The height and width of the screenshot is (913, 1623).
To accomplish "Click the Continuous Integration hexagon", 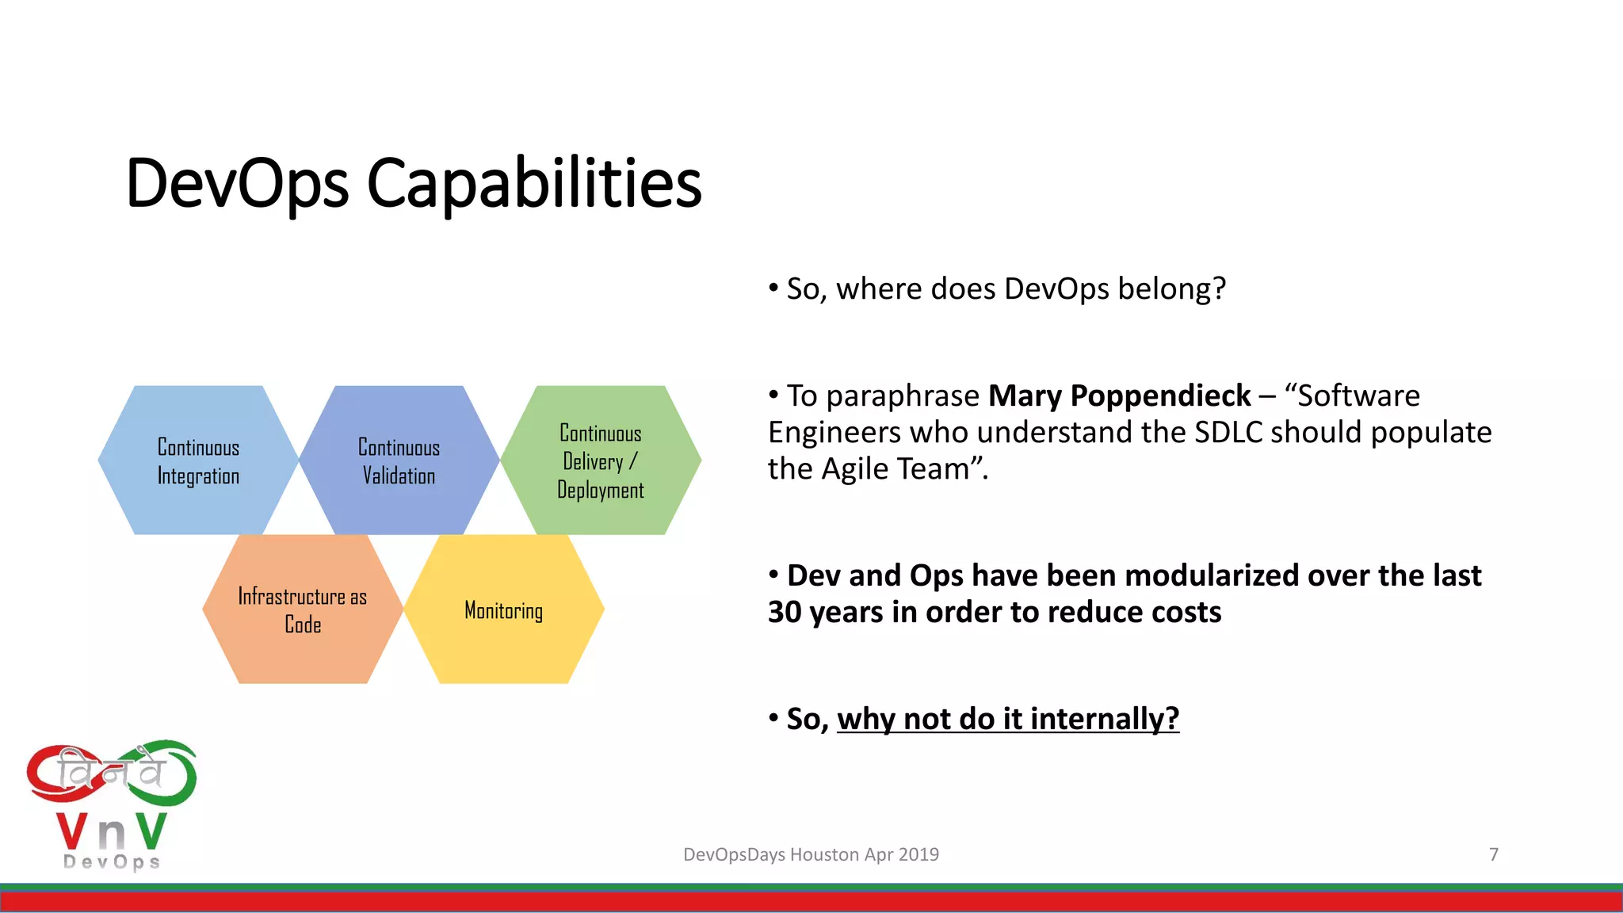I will [198, 460].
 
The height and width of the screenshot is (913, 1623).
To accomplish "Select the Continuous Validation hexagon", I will [399, 460].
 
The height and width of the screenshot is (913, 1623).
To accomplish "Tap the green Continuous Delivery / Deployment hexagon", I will [601, 460].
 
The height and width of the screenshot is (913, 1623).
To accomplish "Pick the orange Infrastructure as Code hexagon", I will [302, 609].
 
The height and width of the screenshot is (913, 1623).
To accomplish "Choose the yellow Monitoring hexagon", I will [504, 609].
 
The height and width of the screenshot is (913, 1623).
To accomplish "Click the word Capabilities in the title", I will [534, 184].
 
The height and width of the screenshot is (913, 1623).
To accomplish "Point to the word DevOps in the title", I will [237, 184].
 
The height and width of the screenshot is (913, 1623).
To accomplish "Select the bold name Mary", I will [1025, 395].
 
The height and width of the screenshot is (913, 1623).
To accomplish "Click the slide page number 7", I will [1494, 854].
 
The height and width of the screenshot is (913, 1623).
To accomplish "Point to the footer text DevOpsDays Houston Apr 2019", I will [811, 854].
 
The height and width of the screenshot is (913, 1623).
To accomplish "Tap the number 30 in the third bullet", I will [785, 612].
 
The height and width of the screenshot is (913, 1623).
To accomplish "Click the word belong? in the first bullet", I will [1171, 288].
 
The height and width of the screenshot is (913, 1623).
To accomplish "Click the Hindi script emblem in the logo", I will [111, 774].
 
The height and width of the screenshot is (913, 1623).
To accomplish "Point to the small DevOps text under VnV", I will [112, 861].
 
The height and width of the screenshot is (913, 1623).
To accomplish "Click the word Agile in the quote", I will [855, 469].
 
